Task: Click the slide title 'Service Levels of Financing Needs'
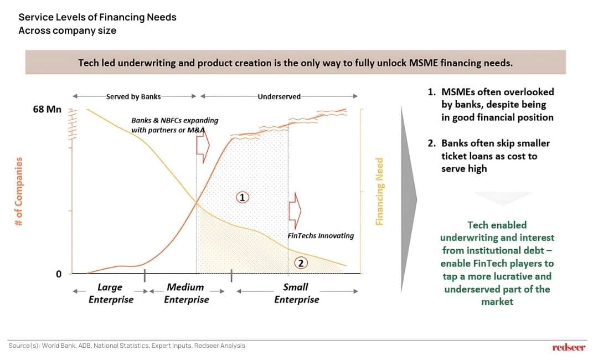[x=97, y=17]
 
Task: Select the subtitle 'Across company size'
[x=67, y=30]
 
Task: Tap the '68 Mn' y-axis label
[x=47, y=109]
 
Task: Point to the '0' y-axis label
[x=58, y=274]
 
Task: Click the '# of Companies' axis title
[x=19, y=191]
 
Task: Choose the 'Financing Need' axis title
[x=380, y=192]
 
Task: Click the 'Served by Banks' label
[x=133, y=96]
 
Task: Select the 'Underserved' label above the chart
[x=279, y=96]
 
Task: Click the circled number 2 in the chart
[x=301, y=263]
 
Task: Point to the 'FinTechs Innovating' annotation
[x=321, y=235]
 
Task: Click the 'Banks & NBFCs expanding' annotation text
[x=174, y=120]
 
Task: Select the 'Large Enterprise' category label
[x=111, y=294]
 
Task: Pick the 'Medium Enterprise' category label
[x=186, y=294]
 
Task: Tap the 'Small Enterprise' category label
[x=296, y=294]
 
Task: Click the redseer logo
[x=569, y=347]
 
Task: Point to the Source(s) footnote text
[x=127, y=346]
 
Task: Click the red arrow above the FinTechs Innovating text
[x=295, y=209]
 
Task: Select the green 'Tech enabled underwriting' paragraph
[x=497, y=263]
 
